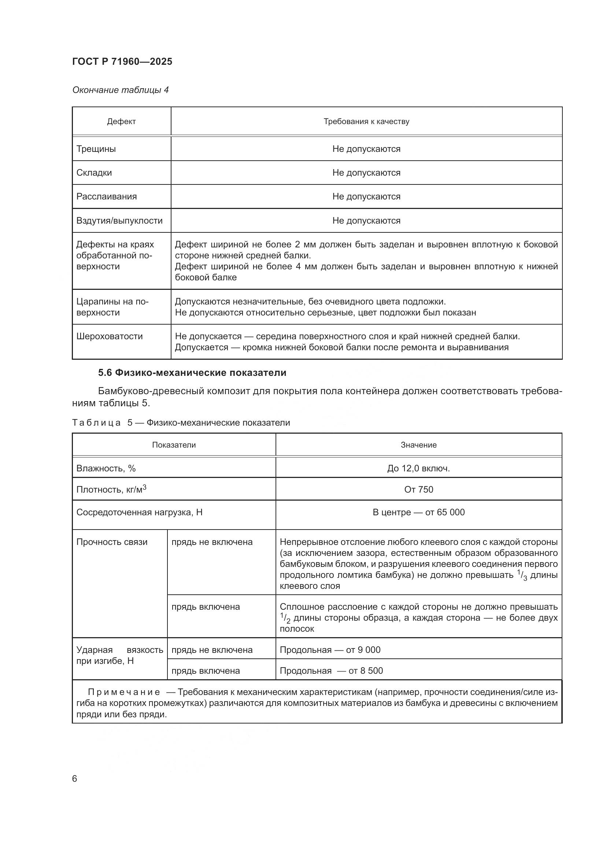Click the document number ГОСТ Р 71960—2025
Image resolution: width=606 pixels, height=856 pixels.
click(x=122, y=61)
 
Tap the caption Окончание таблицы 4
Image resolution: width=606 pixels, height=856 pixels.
click(x=120, y=90)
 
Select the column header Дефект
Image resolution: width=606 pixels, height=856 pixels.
click(x=121, y=122)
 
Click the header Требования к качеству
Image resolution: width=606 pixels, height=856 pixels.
click(x=366, y=122)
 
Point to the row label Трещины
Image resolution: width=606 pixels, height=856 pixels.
click(x=96, y=149)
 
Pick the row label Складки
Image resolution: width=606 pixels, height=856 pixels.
click(x=94, y=173)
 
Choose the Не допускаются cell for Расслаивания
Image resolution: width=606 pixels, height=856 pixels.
click(x=366, y=197)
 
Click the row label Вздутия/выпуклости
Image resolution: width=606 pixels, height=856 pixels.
click(x=119, y=220)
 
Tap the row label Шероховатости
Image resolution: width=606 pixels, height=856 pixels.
click(x=109, y=336)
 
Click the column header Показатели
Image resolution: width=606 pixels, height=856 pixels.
click(x=174, y=445)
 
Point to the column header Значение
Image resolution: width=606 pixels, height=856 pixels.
click(x=418, y=445)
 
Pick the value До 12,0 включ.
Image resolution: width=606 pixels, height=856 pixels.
click(x=418, y=468)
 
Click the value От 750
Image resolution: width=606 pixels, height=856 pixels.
click(x=418, y=489)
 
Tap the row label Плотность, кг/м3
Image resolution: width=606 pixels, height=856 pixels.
click(x=111, y=489)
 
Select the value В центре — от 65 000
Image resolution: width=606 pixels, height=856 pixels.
click(x=418, y=512)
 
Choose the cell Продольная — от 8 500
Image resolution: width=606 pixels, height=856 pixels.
click(x=331, y=671)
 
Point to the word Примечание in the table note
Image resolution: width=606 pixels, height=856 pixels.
click(x=124, y=692)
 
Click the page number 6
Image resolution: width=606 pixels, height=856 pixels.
click(x=75, y=779)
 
